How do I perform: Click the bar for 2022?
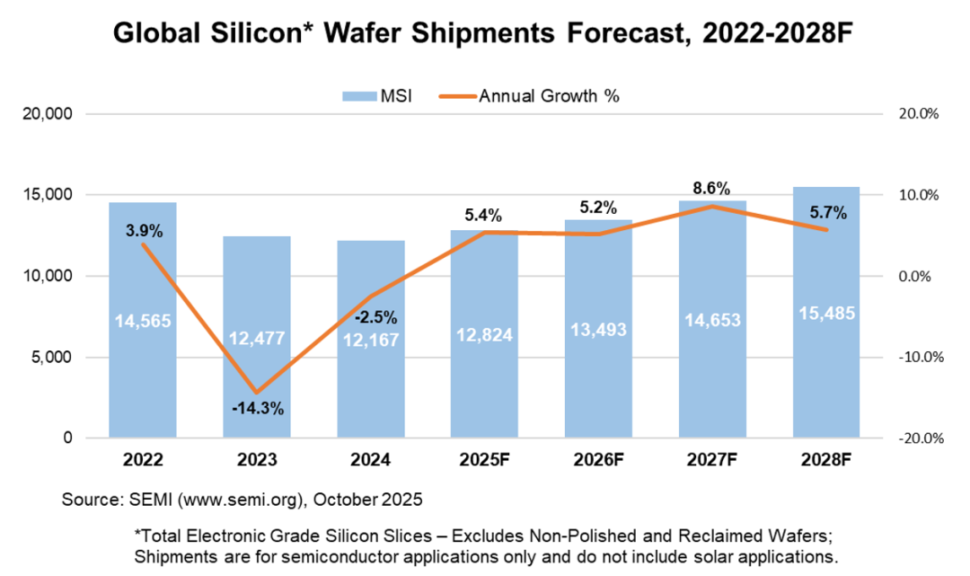142,359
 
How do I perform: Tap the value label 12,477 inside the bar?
257,339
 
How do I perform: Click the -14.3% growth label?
257,409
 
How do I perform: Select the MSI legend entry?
376,96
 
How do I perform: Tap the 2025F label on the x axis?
484,460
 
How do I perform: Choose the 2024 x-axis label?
370,460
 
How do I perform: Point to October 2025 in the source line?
364,498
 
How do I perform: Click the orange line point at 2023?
257,393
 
